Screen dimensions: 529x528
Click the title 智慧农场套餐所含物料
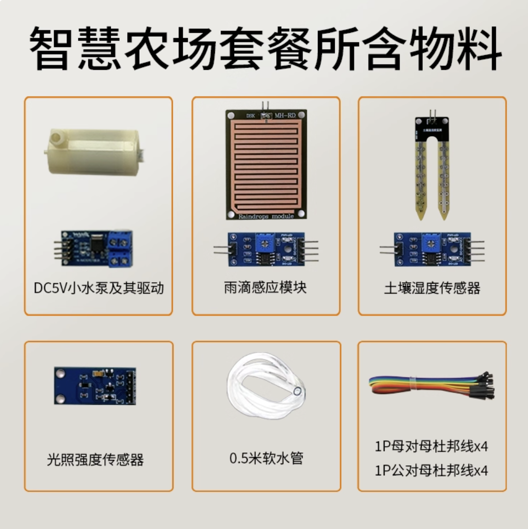[264, 49]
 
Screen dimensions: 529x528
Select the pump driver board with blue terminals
[94, 247]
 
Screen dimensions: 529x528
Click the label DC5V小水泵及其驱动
[98, 288]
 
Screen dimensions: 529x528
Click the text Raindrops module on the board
[266, 216]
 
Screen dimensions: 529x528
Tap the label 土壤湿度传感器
[432, 288]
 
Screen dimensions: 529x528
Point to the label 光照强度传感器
[95, 459]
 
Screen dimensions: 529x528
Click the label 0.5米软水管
[266, 458]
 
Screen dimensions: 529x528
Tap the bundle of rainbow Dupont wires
[431, 386]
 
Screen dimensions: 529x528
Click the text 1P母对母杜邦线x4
[431, 447]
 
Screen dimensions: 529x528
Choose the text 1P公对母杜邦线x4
[431, 470]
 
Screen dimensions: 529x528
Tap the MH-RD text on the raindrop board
[285, 115]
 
